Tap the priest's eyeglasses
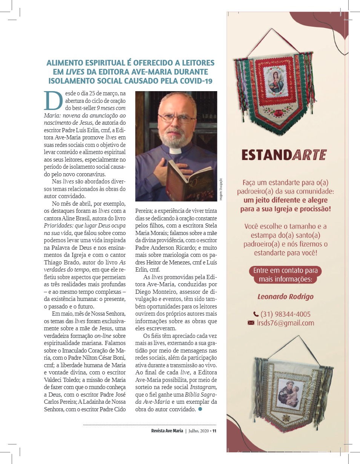(176, 118)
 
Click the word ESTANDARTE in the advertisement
(284, 155)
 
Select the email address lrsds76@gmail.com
(285, 323)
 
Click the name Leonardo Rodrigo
(285, 296)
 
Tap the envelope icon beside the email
(251, 323)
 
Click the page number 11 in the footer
(214, 431)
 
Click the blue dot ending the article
(200, 409)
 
